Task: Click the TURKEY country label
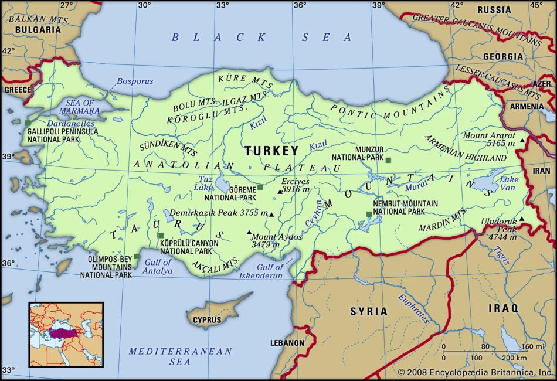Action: point(271,150)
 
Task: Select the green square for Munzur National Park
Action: point(388,159)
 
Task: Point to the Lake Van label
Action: point(509,183)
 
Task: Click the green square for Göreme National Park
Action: point(260,188)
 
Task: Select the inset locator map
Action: point(66,334)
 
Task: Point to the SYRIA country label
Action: point(369,311)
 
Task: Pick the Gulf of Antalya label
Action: point(158,267)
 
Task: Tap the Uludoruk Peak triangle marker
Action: point(521,220)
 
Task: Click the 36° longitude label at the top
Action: point(300,5)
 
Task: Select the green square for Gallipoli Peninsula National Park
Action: point(28,123)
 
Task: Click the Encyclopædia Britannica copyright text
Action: point(476,372)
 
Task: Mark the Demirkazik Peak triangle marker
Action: point(271,215)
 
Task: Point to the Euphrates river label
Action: point(414,306)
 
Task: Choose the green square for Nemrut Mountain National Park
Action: point(369,214)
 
